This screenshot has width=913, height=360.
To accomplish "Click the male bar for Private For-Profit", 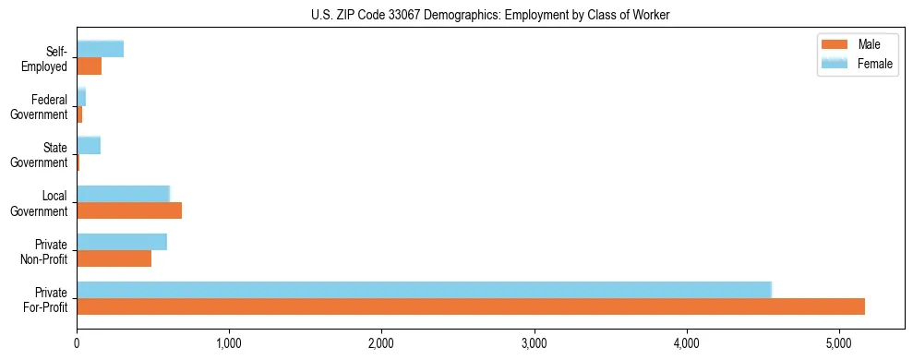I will pos(471,306).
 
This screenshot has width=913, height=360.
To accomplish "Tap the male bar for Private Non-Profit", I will pos(114,258).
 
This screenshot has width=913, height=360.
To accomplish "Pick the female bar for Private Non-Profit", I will pos(122,242).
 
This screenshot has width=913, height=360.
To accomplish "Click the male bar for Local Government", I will pos(129,210).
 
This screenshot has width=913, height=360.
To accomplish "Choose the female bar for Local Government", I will pos(123,194).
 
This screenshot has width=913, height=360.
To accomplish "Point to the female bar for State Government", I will pos(89,145).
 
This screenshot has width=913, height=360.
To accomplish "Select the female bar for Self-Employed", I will pos(100,49).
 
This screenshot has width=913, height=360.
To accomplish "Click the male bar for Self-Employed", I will pos(89,66).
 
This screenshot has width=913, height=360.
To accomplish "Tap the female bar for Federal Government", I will pos(81,97).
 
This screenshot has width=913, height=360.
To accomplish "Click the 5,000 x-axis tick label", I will pos(839,343).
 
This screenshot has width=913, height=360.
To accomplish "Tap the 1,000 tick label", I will pos(229,343).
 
